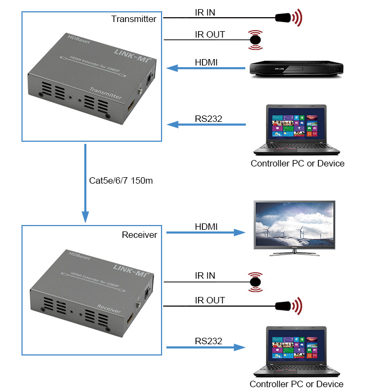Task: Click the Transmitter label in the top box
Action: click(134, 19)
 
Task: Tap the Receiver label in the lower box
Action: click(140, 235)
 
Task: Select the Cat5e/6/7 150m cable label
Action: click(121, 180)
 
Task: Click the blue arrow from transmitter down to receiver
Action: click(85, 183)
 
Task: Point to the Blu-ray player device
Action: click(296, 69)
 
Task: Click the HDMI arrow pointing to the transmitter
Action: click(206, 68)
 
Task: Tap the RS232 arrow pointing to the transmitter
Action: click(206, 124)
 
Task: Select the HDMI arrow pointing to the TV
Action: click(206, 233)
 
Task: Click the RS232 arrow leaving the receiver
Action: click(206, 347)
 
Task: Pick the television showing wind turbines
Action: click(294, 228)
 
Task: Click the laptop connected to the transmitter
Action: click(296, 129)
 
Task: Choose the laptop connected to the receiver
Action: click(296, 351)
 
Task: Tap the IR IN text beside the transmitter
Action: click(205, 12)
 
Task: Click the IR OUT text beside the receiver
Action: click(210, 300)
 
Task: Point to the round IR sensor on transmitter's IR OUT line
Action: click(255, 40)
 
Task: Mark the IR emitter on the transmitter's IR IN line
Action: click(289, 18)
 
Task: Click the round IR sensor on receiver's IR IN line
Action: click(255, 282)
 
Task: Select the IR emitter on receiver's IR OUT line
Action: click(289, 306)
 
